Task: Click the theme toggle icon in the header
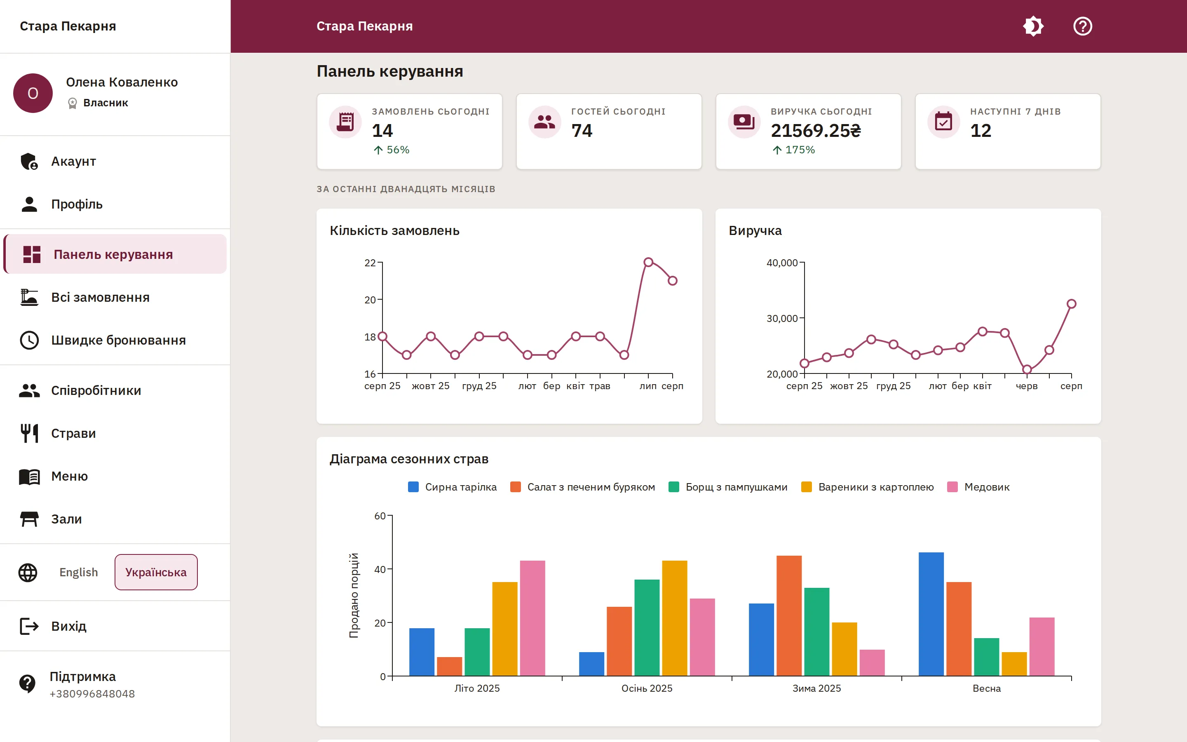(1033, 26)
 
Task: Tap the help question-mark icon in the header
(1083, 26)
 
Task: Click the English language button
(78, 572)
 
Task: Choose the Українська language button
(156, 572)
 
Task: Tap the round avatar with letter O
(33, 93)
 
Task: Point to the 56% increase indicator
(392, 150)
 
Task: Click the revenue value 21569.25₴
(816, 131)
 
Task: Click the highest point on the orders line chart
(648, 262)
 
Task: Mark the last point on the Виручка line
(1071, 304)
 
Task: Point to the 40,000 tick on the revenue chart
(782, 263)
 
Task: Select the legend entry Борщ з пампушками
(728, 487)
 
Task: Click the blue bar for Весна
(931, 614)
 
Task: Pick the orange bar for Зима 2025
(789, 615)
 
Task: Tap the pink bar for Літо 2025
(532, 618)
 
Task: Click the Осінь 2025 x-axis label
(647, 688)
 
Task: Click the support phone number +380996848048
(92, 694)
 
